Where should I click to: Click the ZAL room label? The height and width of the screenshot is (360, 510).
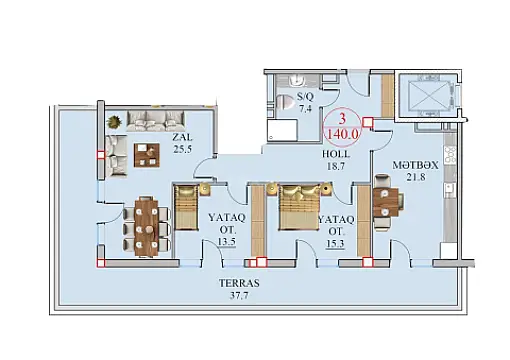[181, 139]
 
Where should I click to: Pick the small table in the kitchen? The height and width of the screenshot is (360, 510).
[386, 201]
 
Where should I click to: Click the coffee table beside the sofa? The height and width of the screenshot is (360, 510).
[148, 154]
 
